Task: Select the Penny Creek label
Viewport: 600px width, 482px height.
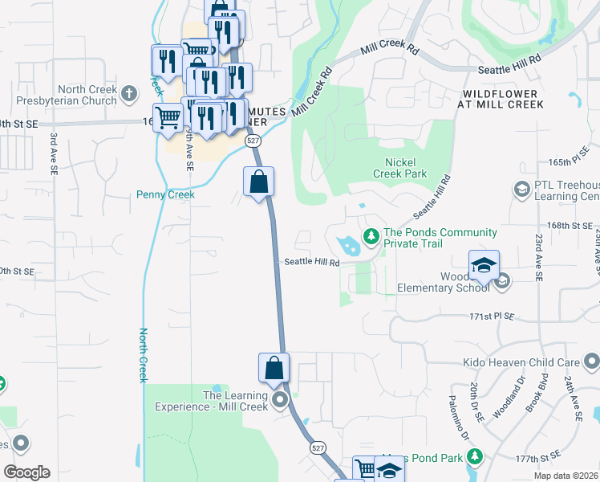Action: [166, 194]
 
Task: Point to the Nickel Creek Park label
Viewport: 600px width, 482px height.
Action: [400, 168]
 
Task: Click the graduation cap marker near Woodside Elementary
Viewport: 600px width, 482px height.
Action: [484, 267]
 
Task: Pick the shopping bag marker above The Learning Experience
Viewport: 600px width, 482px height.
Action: [274, 369]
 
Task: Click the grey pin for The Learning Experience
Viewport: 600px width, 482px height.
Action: [280, 400]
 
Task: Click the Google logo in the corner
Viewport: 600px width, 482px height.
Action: [26, 472]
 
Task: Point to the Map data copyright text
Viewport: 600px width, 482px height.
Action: [566, 476]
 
